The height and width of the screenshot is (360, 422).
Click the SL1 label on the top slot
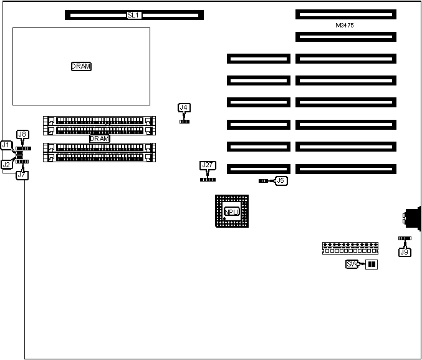coord(133,14)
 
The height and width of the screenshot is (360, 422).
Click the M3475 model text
coord(345,26)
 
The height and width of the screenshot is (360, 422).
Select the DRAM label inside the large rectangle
coord(81,66)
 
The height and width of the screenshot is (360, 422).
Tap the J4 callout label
coord(184,108)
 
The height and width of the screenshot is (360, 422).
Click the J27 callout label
coord(208,165)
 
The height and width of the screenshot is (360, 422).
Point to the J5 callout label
coord(281,180)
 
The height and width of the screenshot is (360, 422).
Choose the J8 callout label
coord(22,134)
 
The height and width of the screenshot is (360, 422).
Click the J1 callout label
coord(6,145)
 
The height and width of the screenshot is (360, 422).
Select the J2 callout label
coord(6,164)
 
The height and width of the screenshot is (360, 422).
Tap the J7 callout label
coord(22,175)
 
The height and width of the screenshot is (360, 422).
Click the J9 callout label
coord(405,252)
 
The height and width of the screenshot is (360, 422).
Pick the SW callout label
coord(352,265)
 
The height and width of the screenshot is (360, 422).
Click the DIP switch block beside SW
coord(372,265)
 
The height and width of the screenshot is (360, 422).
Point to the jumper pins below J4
coord(184,121)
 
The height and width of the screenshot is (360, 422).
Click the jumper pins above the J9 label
coord(405,238)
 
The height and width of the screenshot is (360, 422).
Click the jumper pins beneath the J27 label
coord(208,180)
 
